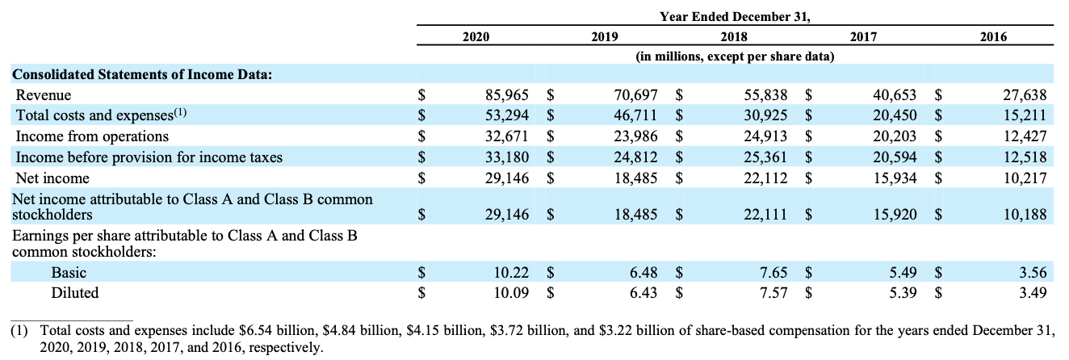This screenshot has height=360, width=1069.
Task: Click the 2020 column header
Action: (476, 36)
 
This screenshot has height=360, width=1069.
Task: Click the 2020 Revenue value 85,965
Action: (506, 95)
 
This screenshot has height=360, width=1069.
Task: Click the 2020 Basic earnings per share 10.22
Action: (511, 273)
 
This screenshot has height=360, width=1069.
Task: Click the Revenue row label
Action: (44, 95)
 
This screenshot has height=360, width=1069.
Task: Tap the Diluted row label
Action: (75, 293)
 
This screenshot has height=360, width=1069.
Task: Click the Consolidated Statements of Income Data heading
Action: (141, 75)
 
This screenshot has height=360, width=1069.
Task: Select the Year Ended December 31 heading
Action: (735, 15)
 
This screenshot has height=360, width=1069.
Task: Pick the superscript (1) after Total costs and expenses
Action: (178, 113)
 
